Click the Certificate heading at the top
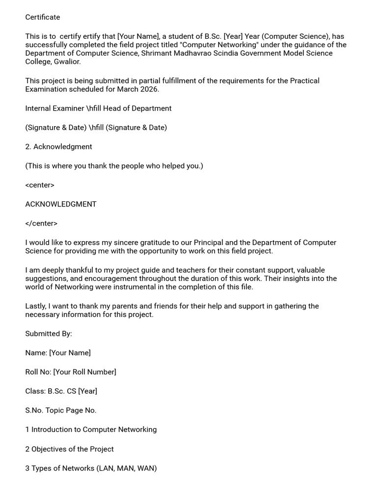[43, 17]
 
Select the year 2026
[149, 89]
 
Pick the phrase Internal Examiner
[55, 108]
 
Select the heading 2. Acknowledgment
[58, 146]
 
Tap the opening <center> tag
[40, 185]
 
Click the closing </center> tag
[41, 224]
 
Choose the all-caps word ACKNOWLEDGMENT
[61, 204]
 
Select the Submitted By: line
[49, 334]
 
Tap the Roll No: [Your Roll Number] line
[71, 372]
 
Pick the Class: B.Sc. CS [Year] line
[61, 391]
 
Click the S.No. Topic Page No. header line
[61, 410]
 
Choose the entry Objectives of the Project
[73, 449]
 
